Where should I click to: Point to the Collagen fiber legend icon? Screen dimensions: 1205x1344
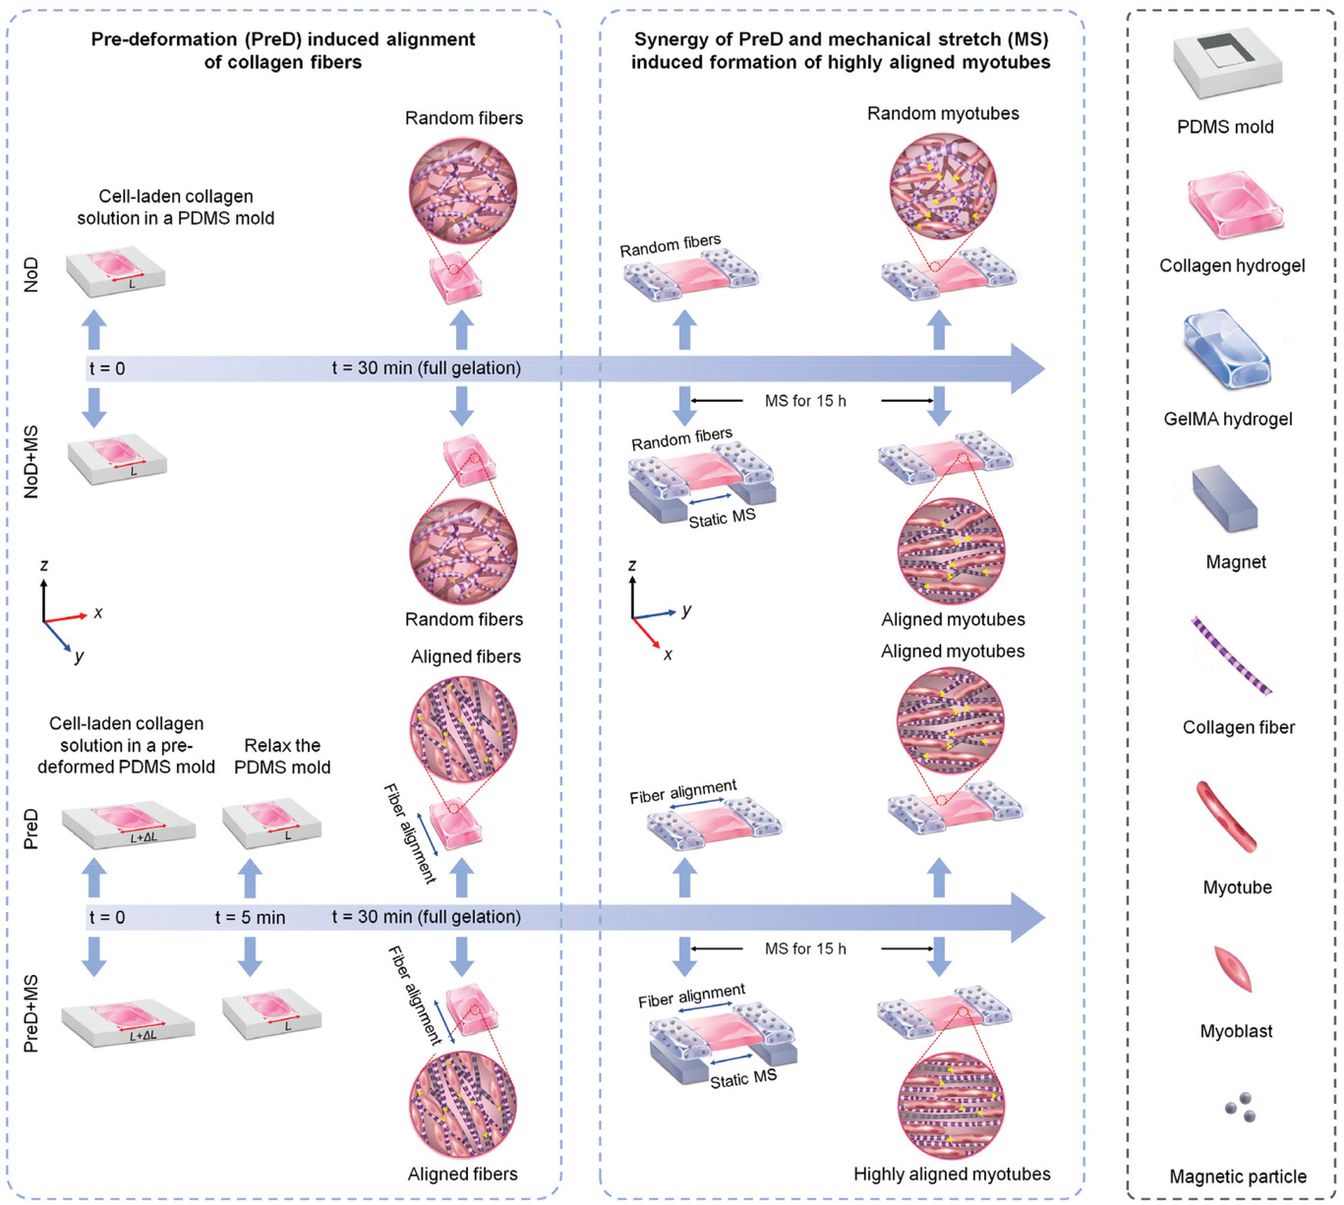tap(1232, 656)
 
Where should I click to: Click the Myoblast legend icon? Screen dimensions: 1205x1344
tap(1233, 969)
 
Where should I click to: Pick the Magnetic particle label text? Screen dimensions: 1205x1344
tap(1238, 1176)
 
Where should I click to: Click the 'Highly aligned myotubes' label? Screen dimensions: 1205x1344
tap(952, 1174)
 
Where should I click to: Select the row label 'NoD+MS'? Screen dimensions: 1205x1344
tap(32, 461)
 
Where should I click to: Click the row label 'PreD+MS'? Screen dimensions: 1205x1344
tap(32, 1013)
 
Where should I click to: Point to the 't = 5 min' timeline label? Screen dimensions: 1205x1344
tap(250, 917)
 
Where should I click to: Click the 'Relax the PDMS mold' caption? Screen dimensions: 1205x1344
tap(282, 756)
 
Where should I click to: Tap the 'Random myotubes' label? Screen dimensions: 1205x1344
tap(943, 113)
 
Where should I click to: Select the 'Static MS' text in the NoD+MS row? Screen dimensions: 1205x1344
tap(722, 518)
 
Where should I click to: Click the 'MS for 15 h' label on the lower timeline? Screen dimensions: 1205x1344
tap(805, 948)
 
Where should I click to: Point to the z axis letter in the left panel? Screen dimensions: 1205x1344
tap(43, 565)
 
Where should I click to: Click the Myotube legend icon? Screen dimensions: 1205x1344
tap(1229, 817)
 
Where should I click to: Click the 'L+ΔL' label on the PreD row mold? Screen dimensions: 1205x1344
tap(144, 838)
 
